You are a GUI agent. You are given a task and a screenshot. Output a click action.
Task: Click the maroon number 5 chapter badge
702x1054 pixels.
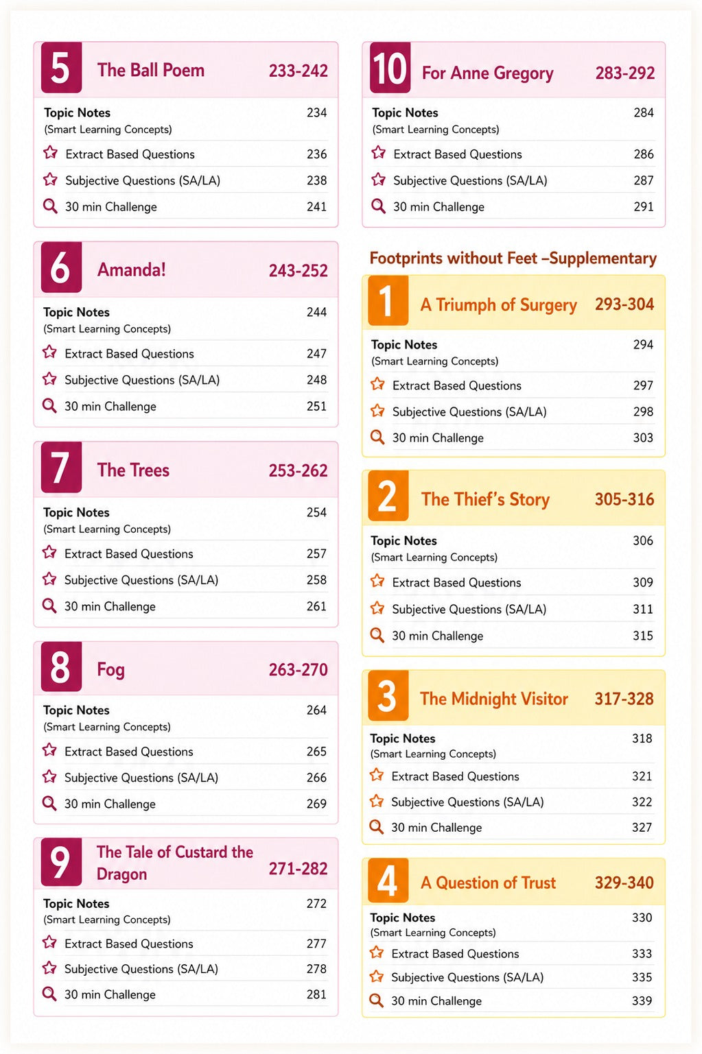pyautogui.click(x=61, y=67)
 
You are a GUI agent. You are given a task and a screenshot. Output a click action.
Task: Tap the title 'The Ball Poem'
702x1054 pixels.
pyautogui.click(x=151, y=70)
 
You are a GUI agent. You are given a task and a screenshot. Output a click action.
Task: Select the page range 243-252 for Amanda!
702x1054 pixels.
pyautogui.click(x=298, y=271)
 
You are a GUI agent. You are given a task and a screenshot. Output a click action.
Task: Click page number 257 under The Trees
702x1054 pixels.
pyautogui.click(x=316, y=553)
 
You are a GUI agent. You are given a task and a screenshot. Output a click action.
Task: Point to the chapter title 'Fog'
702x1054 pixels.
pyautogui.click(x=110, y=669)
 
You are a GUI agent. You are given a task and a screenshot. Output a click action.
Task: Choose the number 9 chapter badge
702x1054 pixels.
pyautogui.click(x=61, y=862)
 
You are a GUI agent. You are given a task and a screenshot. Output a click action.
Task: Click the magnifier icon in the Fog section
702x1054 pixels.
pyautogui.click(x=49, y=803)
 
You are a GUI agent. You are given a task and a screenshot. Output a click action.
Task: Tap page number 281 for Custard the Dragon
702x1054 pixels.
pyautogui.click(x=316, y=994)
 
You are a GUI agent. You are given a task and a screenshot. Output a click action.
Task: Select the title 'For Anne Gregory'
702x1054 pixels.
pyautogui.click(x=487, y=73)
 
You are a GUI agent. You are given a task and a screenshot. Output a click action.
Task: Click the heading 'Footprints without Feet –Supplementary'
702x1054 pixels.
pyautogui.click(x=513, y=259)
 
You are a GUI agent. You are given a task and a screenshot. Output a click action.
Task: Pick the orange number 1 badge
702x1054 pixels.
pyautogui.click(x=388, y=300)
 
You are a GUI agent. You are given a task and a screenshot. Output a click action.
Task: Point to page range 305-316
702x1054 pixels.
pyautogui.click(x=624, y=499)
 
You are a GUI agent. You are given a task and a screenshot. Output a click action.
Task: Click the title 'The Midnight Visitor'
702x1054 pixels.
pyautogui.click(x=494, y=699)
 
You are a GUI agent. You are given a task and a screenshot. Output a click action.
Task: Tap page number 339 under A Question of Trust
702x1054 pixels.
pyautogui.click(x=642, y=1001)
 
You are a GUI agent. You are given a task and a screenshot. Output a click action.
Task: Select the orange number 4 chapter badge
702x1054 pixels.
pyautogui.click(x=388, y=881)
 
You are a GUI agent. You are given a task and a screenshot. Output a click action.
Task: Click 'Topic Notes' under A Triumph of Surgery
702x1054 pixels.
pyautogui.click(x=404, y=345)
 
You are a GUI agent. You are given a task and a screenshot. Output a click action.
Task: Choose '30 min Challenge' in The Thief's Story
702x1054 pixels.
pyautogui.click(x=437, y=636)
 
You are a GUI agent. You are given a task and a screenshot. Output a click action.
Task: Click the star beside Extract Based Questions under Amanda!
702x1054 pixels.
pyautogui.click(x=49, y=352)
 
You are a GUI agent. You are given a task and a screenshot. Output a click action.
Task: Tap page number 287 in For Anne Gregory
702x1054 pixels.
pyautogui.click(x=644, y=180)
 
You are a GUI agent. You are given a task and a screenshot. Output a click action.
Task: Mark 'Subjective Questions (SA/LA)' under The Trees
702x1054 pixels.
pyautogui.click(x=141, y=580)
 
